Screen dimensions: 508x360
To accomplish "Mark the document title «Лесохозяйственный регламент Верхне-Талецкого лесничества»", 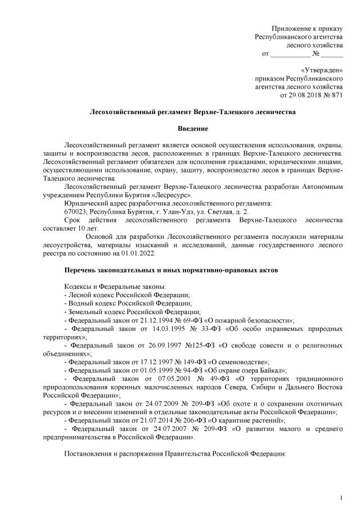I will click(192, 112).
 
